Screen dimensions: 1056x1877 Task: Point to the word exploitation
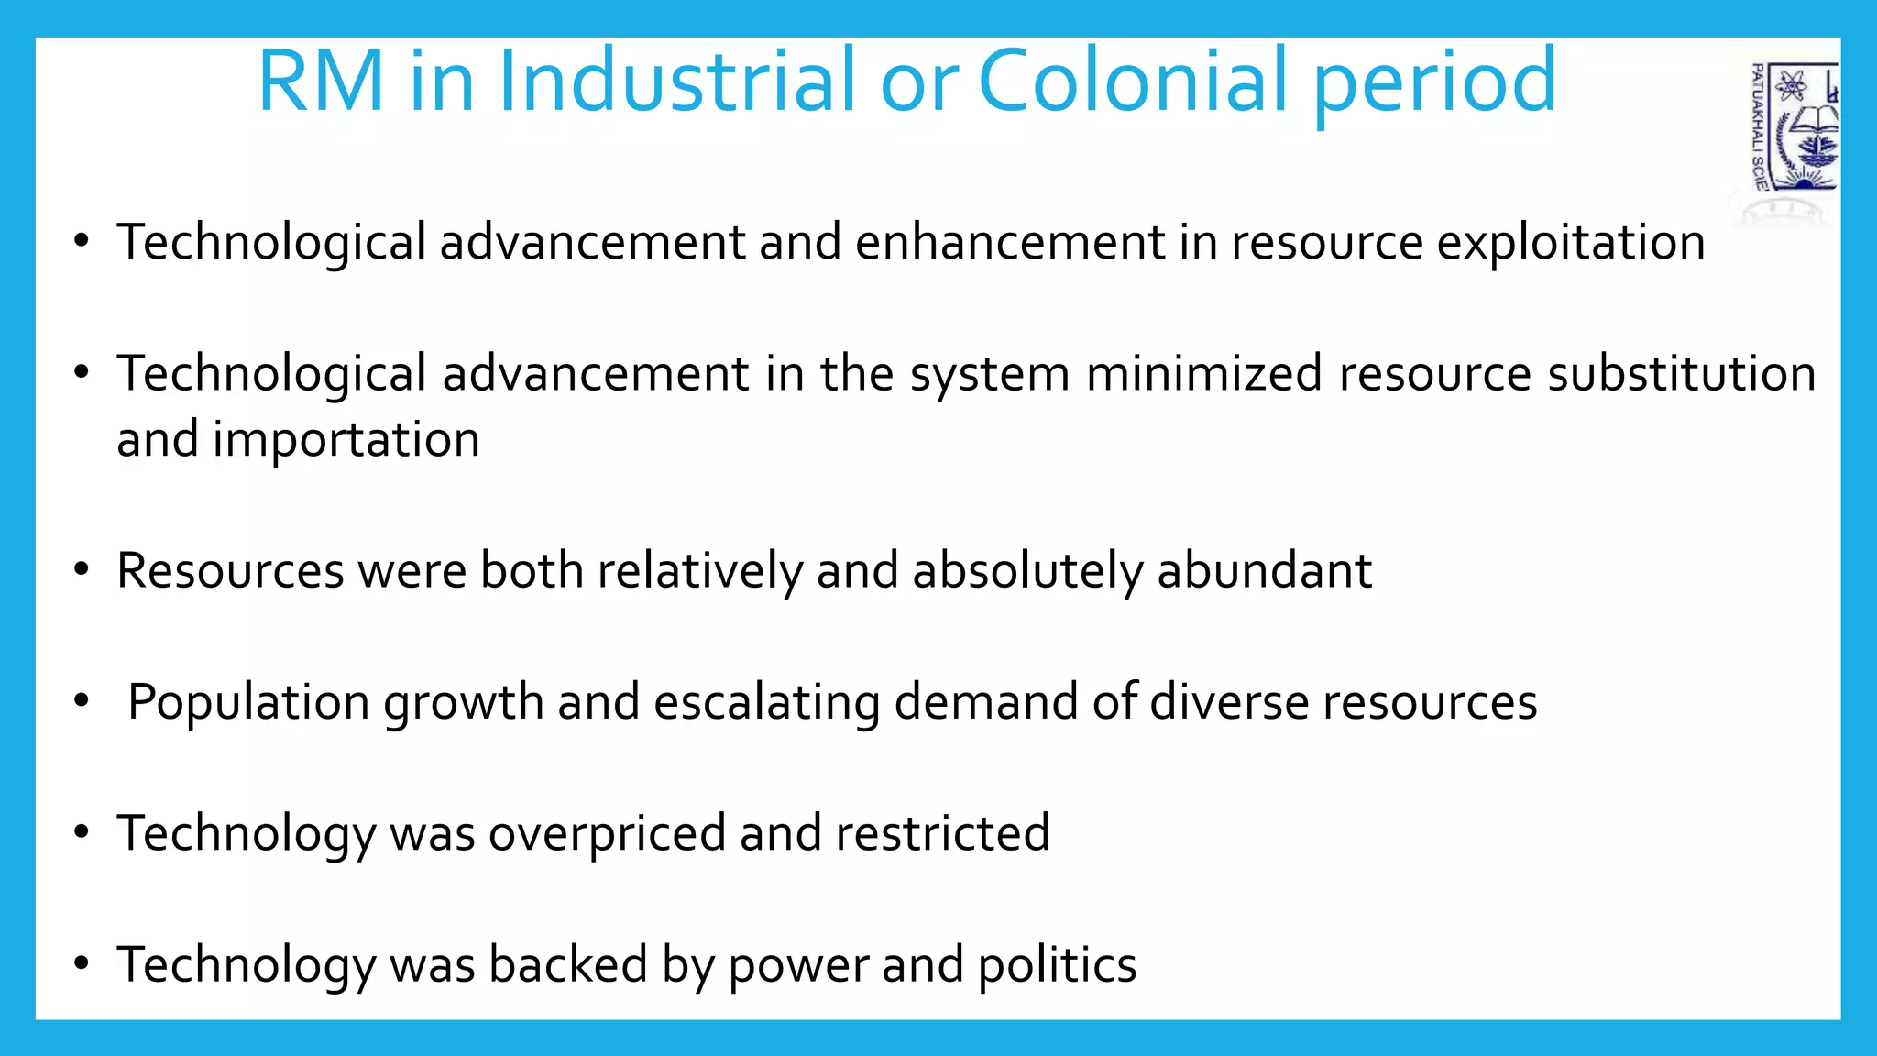(1570, 243)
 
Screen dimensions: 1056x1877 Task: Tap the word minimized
(1204, 374)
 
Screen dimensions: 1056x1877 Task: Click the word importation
(346, 440)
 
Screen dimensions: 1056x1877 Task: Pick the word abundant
(1264, 570)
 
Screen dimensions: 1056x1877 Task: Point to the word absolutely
(1027, 572)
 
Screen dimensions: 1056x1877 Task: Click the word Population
(248, 703)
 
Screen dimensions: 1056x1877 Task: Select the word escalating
(766, 703)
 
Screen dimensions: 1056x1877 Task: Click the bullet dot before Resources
(82, 570)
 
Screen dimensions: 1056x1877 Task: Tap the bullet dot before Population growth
(82, 701)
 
